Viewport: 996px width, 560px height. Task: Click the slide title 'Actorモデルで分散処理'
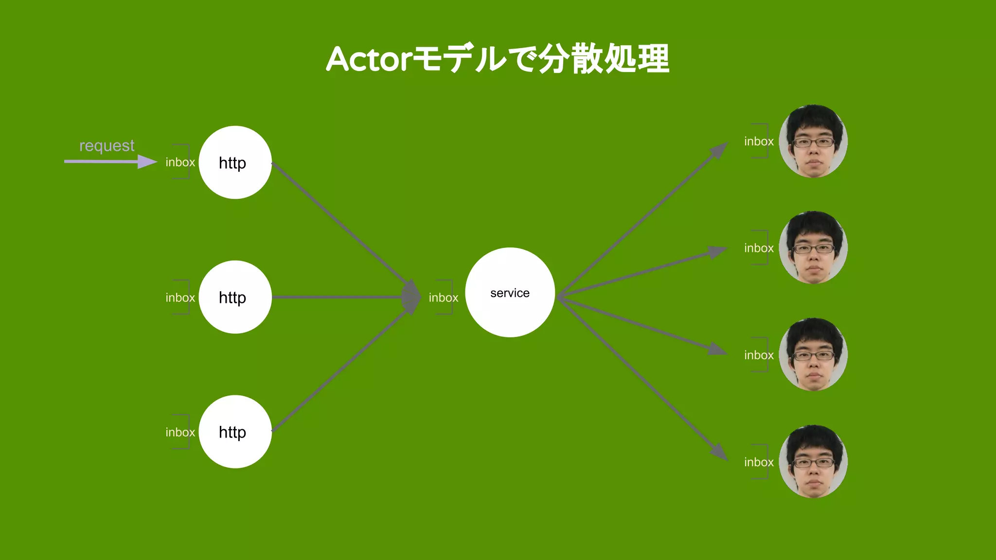pos(498,59)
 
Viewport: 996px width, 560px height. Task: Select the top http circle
pos(235,162)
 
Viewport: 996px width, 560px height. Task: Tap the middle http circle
pos(235,297)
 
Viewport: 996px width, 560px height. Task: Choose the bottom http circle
pos(235,432)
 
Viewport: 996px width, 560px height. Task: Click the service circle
pos(510,293)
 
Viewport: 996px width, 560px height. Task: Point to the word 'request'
pos(107,145)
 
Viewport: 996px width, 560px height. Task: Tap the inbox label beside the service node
pos(443,297)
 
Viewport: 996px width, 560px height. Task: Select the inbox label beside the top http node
pos(180,162)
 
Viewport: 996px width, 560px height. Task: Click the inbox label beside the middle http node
pos(180,297)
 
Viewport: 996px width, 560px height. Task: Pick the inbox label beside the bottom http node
pos(180,432)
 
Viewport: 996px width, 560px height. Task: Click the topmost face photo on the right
pos(813,141)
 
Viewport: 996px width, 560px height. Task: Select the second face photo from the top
pos(813,247)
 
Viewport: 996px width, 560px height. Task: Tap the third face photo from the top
pos(813,354)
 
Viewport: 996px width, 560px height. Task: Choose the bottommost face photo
pos(813,461)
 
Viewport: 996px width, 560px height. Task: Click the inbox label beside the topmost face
pos(759,141)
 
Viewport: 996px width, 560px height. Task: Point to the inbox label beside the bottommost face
pos(759,462)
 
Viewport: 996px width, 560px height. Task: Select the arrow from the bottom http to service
pos(340,371)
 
